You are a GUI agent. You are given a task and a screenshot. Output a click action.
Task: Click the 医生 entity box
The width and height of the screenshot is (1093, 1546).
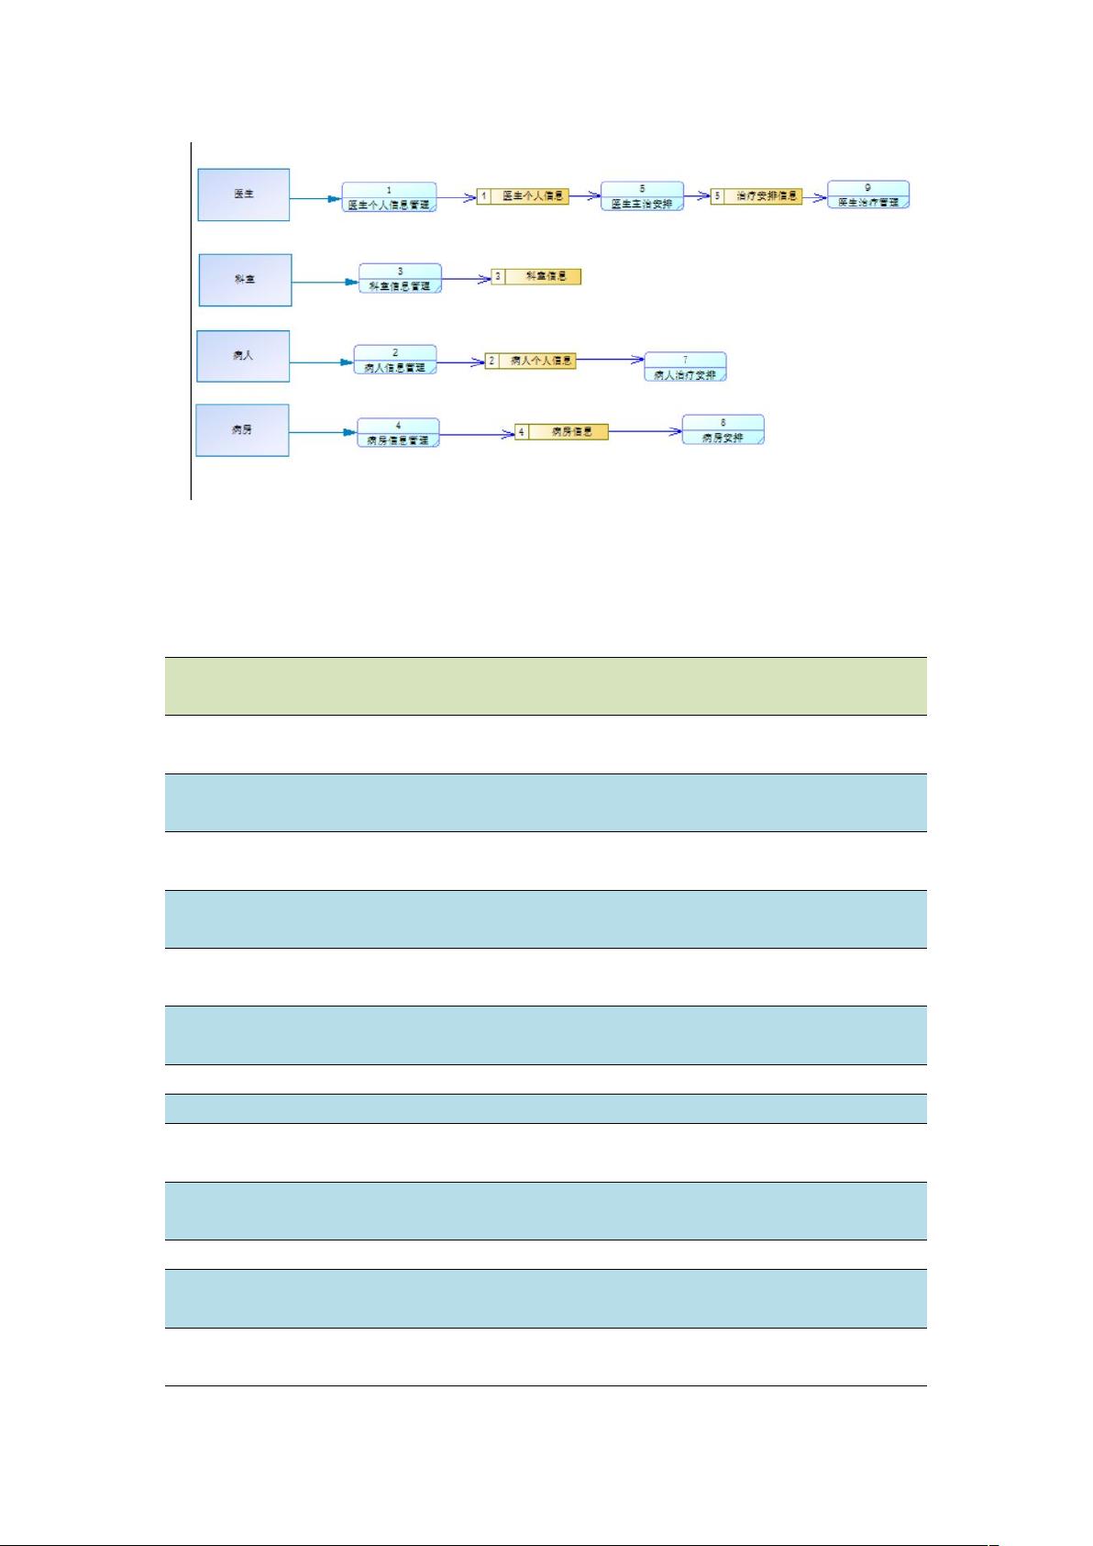point(244,195)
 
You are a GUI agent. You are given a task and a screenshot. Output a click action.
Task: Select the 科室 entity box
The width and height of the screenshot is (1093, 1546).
point(245,280)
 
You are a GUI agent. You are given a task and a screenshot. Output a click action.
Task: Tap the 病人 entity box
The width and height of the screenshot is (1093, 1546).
point(243,356)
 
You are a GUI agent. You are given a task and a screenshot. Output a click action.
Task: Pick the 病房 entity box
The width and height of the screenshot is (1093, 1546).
point(242,430)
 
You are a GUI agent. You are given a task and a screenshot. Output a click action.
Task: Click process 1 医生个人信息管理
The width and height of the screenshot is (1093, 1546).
point(389,197)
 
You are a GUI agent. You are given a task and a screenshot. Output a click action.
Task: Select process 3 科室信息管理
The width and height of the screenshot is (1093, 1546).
point(400,279)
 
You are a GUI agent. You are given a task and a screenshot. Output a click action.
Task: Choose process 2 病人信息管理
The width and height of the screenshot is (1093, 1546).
point(395,360)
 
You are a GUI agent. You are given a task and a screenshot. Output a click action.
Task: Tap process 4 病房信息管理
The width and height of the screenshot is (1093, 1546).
point(398,433)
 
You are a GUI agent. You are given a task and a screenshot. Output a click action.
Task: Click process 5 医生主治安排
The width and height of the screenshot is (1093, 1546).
point(642,196)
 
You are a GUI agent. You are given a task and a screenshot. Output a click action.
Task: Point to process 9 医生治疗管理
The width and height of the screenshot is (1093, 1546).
point(867,195)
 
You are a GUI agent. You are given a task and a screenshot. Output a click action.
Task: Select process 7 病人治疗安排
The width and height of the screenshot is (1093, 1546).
point(685,367)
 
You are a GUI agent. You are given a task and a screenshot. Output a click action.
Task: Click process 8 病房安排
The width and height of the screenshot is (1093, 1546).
point(723,429)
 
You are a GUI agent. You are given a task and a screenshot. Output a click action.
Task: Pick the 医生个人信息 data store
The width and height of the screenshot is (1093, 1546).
point(523,196)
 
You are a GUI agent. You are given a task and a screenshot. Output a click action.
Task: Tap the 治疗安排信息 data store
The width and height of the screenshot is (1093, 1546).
point(756,196)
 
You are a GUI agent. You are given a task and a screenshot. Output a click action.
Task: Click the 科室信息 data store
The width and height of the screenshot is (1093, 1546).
point(536,276)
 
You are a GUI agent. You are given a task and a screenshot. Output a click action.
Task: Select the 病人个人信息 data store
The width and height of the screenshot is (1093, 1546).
point(530,361)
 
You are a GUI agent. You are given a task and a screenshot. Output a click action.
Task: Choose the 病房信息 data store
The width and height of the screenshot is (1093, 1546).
point(561,431)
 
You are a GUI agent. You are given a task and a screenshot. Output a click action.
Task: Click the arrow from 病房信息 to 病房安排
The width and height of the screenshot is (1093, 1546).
point(646,430)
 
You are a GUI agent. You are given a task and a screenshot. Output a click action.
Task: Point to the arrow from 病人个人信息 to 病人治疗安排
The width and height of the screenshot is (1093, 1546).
point(611,361)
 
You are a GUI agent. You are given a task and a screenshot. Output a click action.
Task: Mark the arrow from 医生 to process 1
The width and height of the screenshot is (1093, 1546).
point(315,197)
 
